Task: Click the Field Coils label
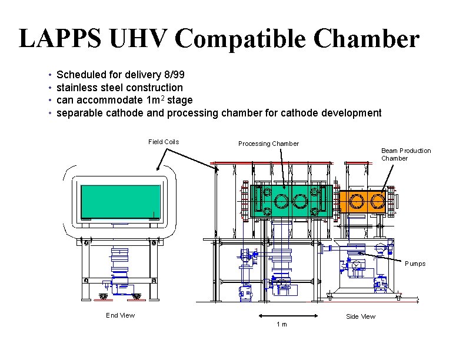[164, 142]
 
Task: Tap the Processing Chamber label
[268, 144]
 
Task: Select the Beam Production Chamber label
[406, 154]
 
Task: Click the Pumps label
[415, 264]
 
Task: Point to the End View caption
[120, 315]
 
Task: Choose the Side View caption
[361, 316]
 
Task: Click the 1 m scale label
[282, 325]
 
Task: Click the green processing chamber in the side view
[291, 201]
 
